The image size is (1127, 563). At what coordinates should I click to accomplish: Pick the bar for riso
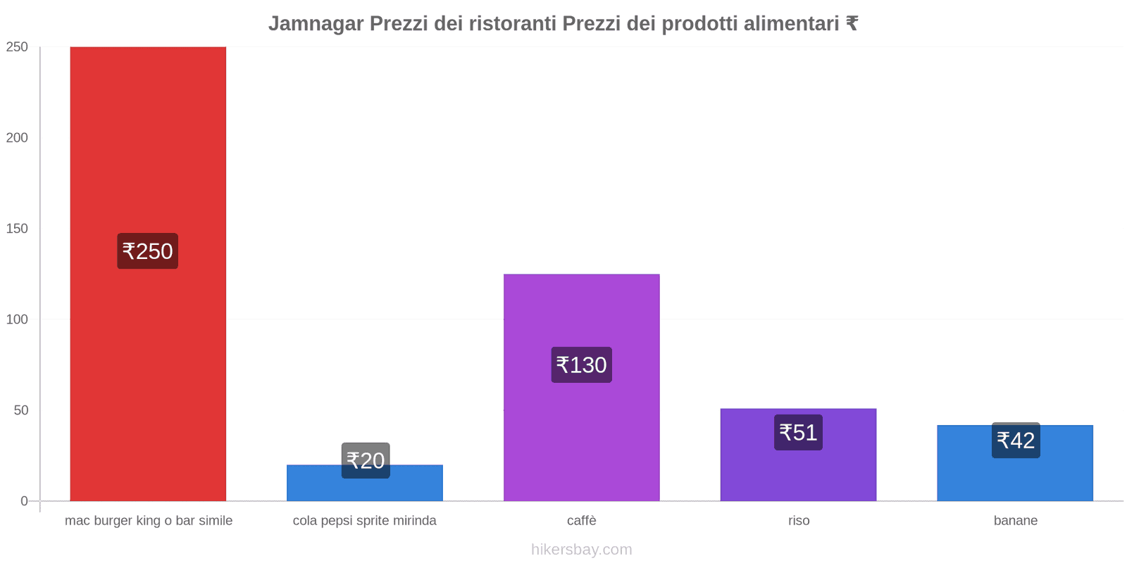point(798,472)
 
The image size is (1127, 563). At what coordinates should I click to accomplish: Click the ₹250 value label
point(147,251)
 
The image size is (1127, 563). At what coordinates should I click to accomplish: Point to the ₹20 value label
point(366,460)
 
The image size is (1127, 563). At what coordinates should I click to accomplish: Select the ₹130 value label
point(581,365)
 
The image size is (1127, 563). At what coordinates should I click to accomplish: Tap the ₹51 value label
point(798,432)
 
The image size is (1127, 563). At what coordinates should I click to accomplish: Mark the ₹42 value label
point(1016,441)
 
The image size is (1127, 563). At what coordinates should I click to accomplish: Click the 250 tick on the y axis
point(17,47)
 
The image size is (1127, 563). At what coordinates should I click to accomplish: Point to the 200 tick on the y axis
point(17,138)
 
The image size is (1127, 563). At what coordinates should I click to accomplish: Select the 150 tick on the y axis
point(17,229)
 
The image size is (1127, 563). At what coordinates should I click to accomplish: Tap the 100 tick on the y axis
point(17,320)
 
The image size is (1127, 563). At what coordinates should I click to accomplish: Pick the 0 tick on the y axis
point(24,501)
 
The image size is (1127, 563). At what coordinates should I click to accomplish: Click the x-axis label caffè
point(581,521)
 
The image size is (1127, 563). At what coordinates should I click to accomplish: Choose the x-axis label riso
point(799,521)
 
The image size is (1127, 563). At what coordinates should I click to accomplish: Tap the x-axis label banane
point(1015,521)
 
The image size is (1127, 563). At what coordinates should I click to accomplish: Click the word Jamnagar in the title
point(316,24)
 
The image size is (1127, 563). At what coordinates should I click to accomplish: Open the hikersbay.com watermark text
point(581,550)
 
